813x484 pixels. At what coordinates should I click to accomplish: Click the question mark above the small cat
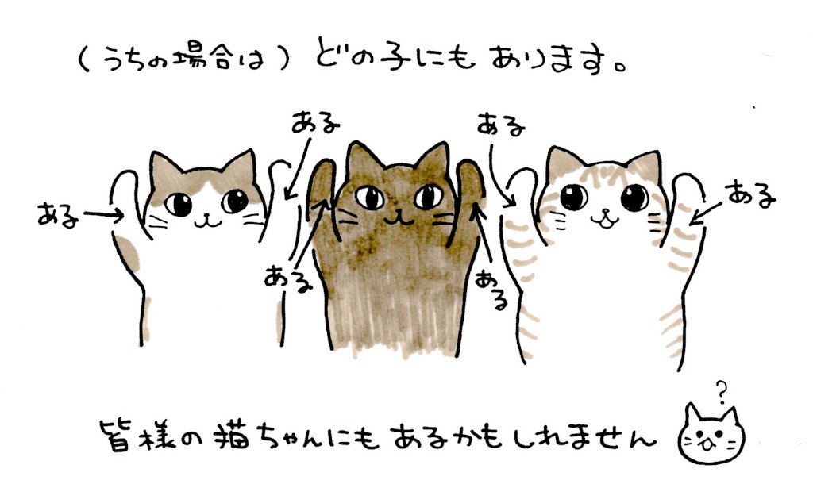pyautogui.click(x=721, y=390)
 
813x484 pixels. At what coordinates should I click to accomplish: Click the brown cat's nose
pyautogui.click(x=395, y=209)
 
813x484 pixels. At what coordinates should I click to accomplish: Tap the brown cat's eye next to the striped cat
pyautogui.click(x=426, y=194)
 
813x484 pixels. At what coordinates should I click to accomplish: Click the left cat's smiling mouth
pyautogui.click(x=209, y=219)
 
